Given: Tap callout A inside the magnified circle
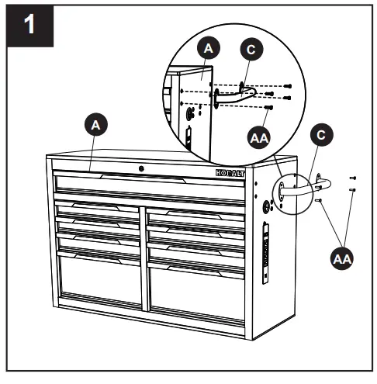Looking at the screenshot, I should (x=206, y=47).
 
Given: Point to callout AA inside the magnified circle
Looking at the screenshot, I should (x=261, y=137).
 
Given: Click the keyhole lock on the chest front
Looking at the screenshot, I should (x=140, y=169).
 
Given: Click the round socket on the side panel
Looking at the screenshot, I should (x=268, y=206).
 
